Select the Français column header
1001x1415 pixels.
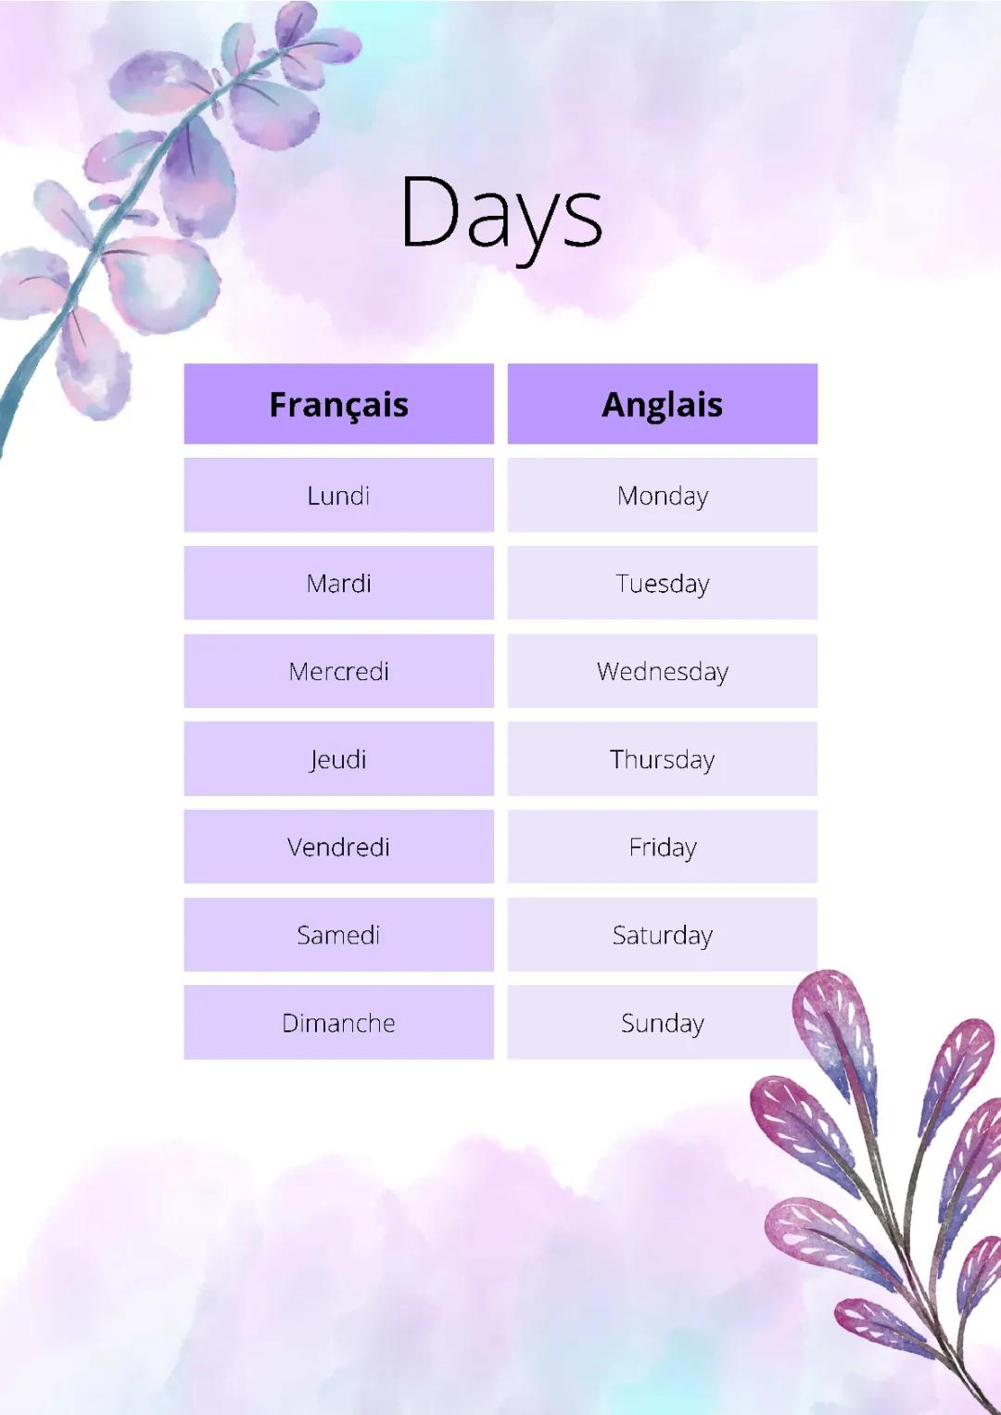coord(338,405)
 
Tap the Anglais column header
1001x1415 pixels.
coord(662,405)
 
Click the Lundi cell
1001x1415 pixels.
coord(338,496)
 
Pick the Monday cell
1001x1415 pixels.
coord(662,496)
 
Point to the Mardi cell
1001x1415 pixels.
coord(338,584)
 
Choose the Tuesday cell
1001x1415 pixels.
coord(662,584)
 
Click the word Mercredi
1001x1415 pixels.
coord(338,672)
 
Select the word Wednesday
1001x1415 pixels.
coord(662,672)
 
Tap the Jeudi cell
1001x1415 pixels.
coord(338,760)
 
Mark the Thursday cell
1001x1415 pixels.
coord(662,760)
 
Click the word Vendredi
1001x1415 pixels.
coord(338,847)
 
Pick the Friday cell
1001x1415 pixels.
coord(662,847)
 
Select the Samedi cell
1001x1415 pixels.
coord(338,935)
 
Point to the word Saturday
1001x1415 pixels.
coord(662,935)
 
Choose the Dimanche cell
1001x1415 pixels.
coord(338,1023)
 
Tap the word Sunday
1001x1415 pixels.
coord(662,1023)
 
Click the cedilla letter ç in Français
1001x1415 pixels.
coord(345,408)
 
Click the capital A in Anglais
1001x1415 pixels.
coord(615,405)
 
